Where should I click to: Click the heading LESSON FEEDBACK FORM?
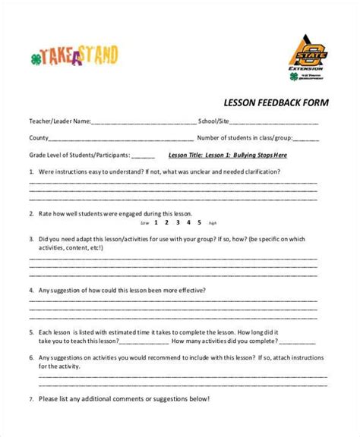coord(275,102)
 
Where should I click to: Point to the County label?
coord(39,138)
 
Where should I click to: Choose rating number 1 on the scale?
coord(156,223)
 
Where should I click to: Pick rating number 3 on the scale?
coord(178,223)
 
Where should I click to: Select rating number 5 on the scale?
coord(199,223)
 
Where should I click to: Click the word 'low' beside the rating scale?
coord(145,224)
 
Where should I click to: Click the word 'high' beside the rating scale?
coord(213,224)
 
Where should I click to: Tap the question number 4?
coord(32,291)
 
